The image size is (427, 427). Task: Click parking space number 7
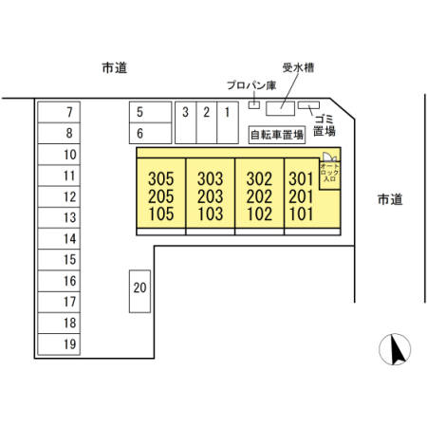(59, 112)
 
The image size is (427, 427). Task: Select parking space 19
(59, 344)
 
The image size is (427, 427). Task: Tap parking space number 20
(139, 291)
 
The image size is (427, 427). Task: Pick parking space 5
(151, 112)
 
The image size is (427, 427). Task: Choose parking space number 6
(151, 133)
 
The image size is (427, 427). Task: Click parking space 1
(228, 122)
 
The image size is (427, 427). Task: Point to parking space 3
(186, 122)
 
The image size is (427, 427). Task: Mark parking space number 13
(59, 217)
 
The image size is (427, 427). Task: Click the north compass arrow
(396, 349)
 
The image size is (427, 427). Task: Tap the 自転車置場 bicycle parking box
(277, 135)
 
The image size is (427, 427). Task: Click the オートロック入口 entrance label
(329, 173)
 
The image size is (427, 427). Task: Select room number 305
(161, 179)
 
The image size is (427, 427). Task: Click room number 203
(211, 196)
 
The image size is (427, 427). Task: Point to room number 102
(259, 213)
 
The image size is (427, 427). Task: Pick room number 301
(301, 179)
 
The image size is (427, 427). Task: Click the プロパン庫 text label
(251, 85)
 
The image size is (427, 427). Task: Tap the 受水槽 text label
(298, 67)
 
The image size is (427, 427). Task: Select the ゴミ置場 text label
(325, 125)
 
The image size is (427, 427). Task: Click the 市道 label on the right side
(390, 199)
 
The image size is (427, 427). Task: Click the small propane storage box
(254, 104)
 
